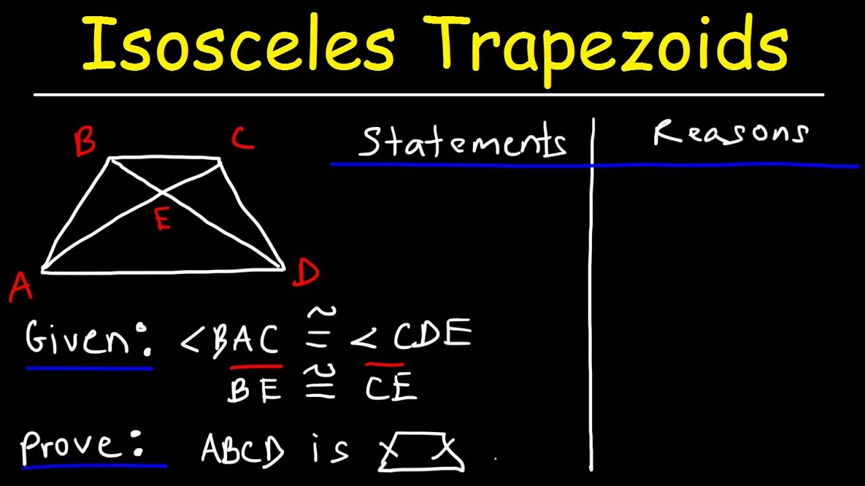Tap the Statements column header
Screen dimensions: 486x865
[462, 142]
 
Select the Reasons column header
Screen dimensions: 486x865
[731, 133]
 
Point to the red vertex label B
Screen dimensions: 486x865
[85, 143]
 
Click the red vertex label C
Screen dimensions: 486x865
[242, 139]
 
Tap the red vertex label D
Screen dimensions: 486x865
[306, 273]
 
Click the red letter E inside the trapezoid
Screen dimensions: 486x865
[162, 220]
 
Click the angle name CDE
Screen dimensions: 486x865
[432, 335]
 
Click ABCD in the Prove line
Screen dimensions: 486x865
[243, 449]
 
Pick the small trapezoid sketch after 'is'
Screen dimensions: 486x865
[421, 452]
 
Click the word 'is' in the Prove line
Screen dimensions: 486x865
[330, 448]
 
